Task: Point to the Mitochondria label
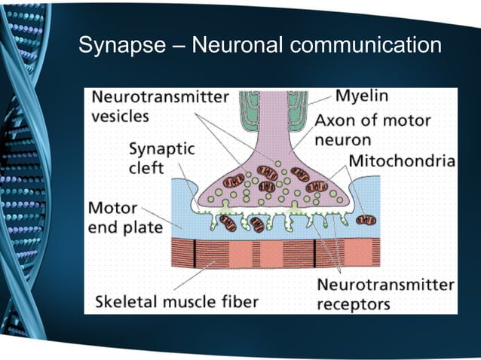coord(402,160)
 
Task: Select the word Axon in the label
coord(335,121)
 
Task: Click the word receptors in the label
coord(353,304)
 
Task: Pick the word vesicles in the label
coord(121,117)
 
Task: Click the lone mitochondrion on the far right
coord(366,220)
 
